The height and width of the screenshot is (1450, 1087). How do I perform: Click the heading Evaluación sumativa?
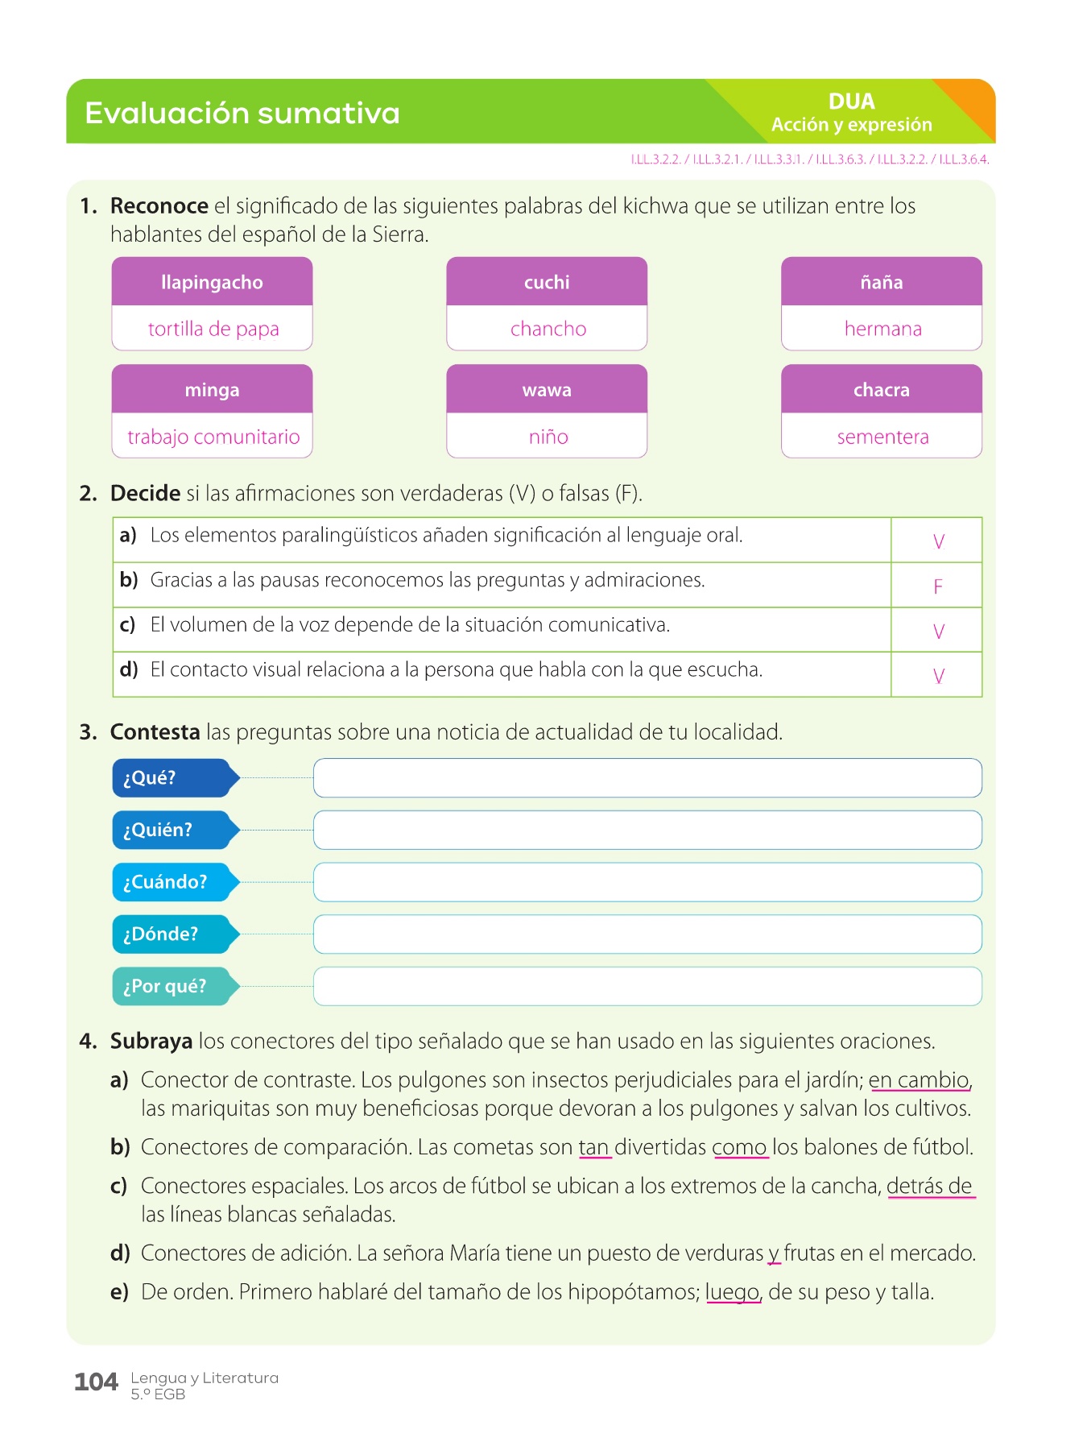click(x=242, y=113)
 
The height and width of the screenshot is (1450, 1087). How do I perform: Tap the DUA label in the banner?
click(x=851, y=101)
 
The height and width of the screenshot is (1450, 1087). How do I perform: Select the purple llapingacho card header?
click(x=212, y=282)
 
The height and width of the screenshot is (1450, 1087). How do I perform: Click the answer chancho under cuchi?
click(x=548, y=329)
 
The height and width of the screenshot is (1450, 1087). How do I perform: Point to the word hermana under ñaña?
click(x=882, y=329)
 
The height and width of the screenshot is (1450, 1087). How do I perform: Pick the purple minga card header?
click(x=212, y=390)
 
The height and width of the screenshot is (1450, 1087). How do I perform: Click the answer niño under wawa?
click(x=548, y=437)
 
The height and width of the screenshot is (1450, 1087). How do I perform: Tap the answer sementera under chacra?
click(x=882, y=437)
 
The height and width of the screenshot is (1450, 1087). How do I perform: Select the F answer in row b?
click(x=937, y=586)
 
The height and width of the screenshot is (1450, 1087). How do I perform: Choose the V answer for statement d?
click(x=938, y=676)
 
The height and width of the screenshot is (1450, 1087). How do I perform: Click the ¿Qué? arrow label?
click(x=173, y=778)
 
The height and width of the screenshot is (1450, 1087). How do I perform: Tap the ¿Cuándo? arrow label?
click(x=173, y=882)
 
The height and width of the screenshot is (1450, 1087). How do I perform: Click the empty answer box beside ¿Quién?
click(x=647, y=831)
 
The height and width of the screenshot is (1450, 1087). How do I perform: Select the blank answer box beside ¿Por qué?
click(x=647, y=987)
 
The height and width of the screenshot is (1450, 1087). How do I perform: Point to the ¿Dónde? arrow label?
click(x=173, y=934)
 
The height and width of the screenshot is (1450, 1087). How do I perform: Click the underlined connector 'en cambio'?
click(x=919, y=1080)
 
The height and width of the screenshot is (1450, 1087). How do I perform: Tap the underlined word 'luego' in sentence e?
click(x=733, y=1292)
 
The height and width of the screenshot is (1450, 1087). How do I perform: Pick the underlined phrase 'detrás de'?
click(x=929, y=1187)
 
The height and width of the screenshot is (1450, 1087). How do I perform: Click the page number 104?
click(x=96, y=1382)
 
